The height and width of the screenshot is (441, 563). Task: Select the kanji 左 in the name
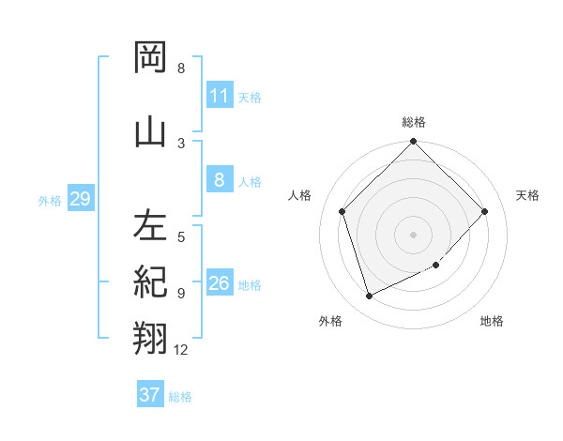pos(150,226)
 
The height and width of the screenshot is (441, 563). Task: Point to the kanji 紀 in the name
pos(150,281)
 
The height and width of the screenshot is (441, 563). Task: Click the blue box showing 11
pos(219,96)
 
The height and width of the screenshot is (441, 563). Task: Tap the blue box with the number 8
pos(219,180)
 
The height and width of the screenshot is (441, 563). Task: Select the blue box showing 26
pos(219,283)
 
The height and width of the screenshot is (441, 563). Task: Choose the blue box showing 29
pos(80,199)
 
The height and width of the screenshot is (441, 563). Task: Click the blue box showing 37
pos(150,395)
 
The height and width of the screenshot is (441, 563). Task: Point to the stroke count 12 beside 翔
pos(181,350)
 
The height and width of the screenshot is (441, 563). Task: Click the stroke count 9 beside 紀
pos(181,293)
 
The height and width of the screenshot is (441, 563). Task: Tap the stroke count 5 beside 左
pos(181,237)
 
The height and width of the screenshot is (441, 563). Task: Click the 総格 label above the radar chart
pos(414,122)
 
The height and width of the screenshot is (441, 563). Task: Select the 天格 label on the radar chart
pos(527,195)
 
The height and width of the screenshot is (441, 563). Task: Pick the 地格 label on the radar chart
pos(492,321)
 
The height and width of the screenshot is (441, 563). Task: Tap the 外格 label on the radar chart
pos(330,321)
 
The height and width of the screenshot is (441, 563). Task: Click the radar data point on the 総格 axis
pos(414,143)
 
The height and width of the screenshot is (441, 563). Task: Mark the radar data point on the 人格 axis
pos(342,211)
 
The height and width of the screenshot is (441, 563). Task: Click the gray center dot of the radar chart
pos(414,234)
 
